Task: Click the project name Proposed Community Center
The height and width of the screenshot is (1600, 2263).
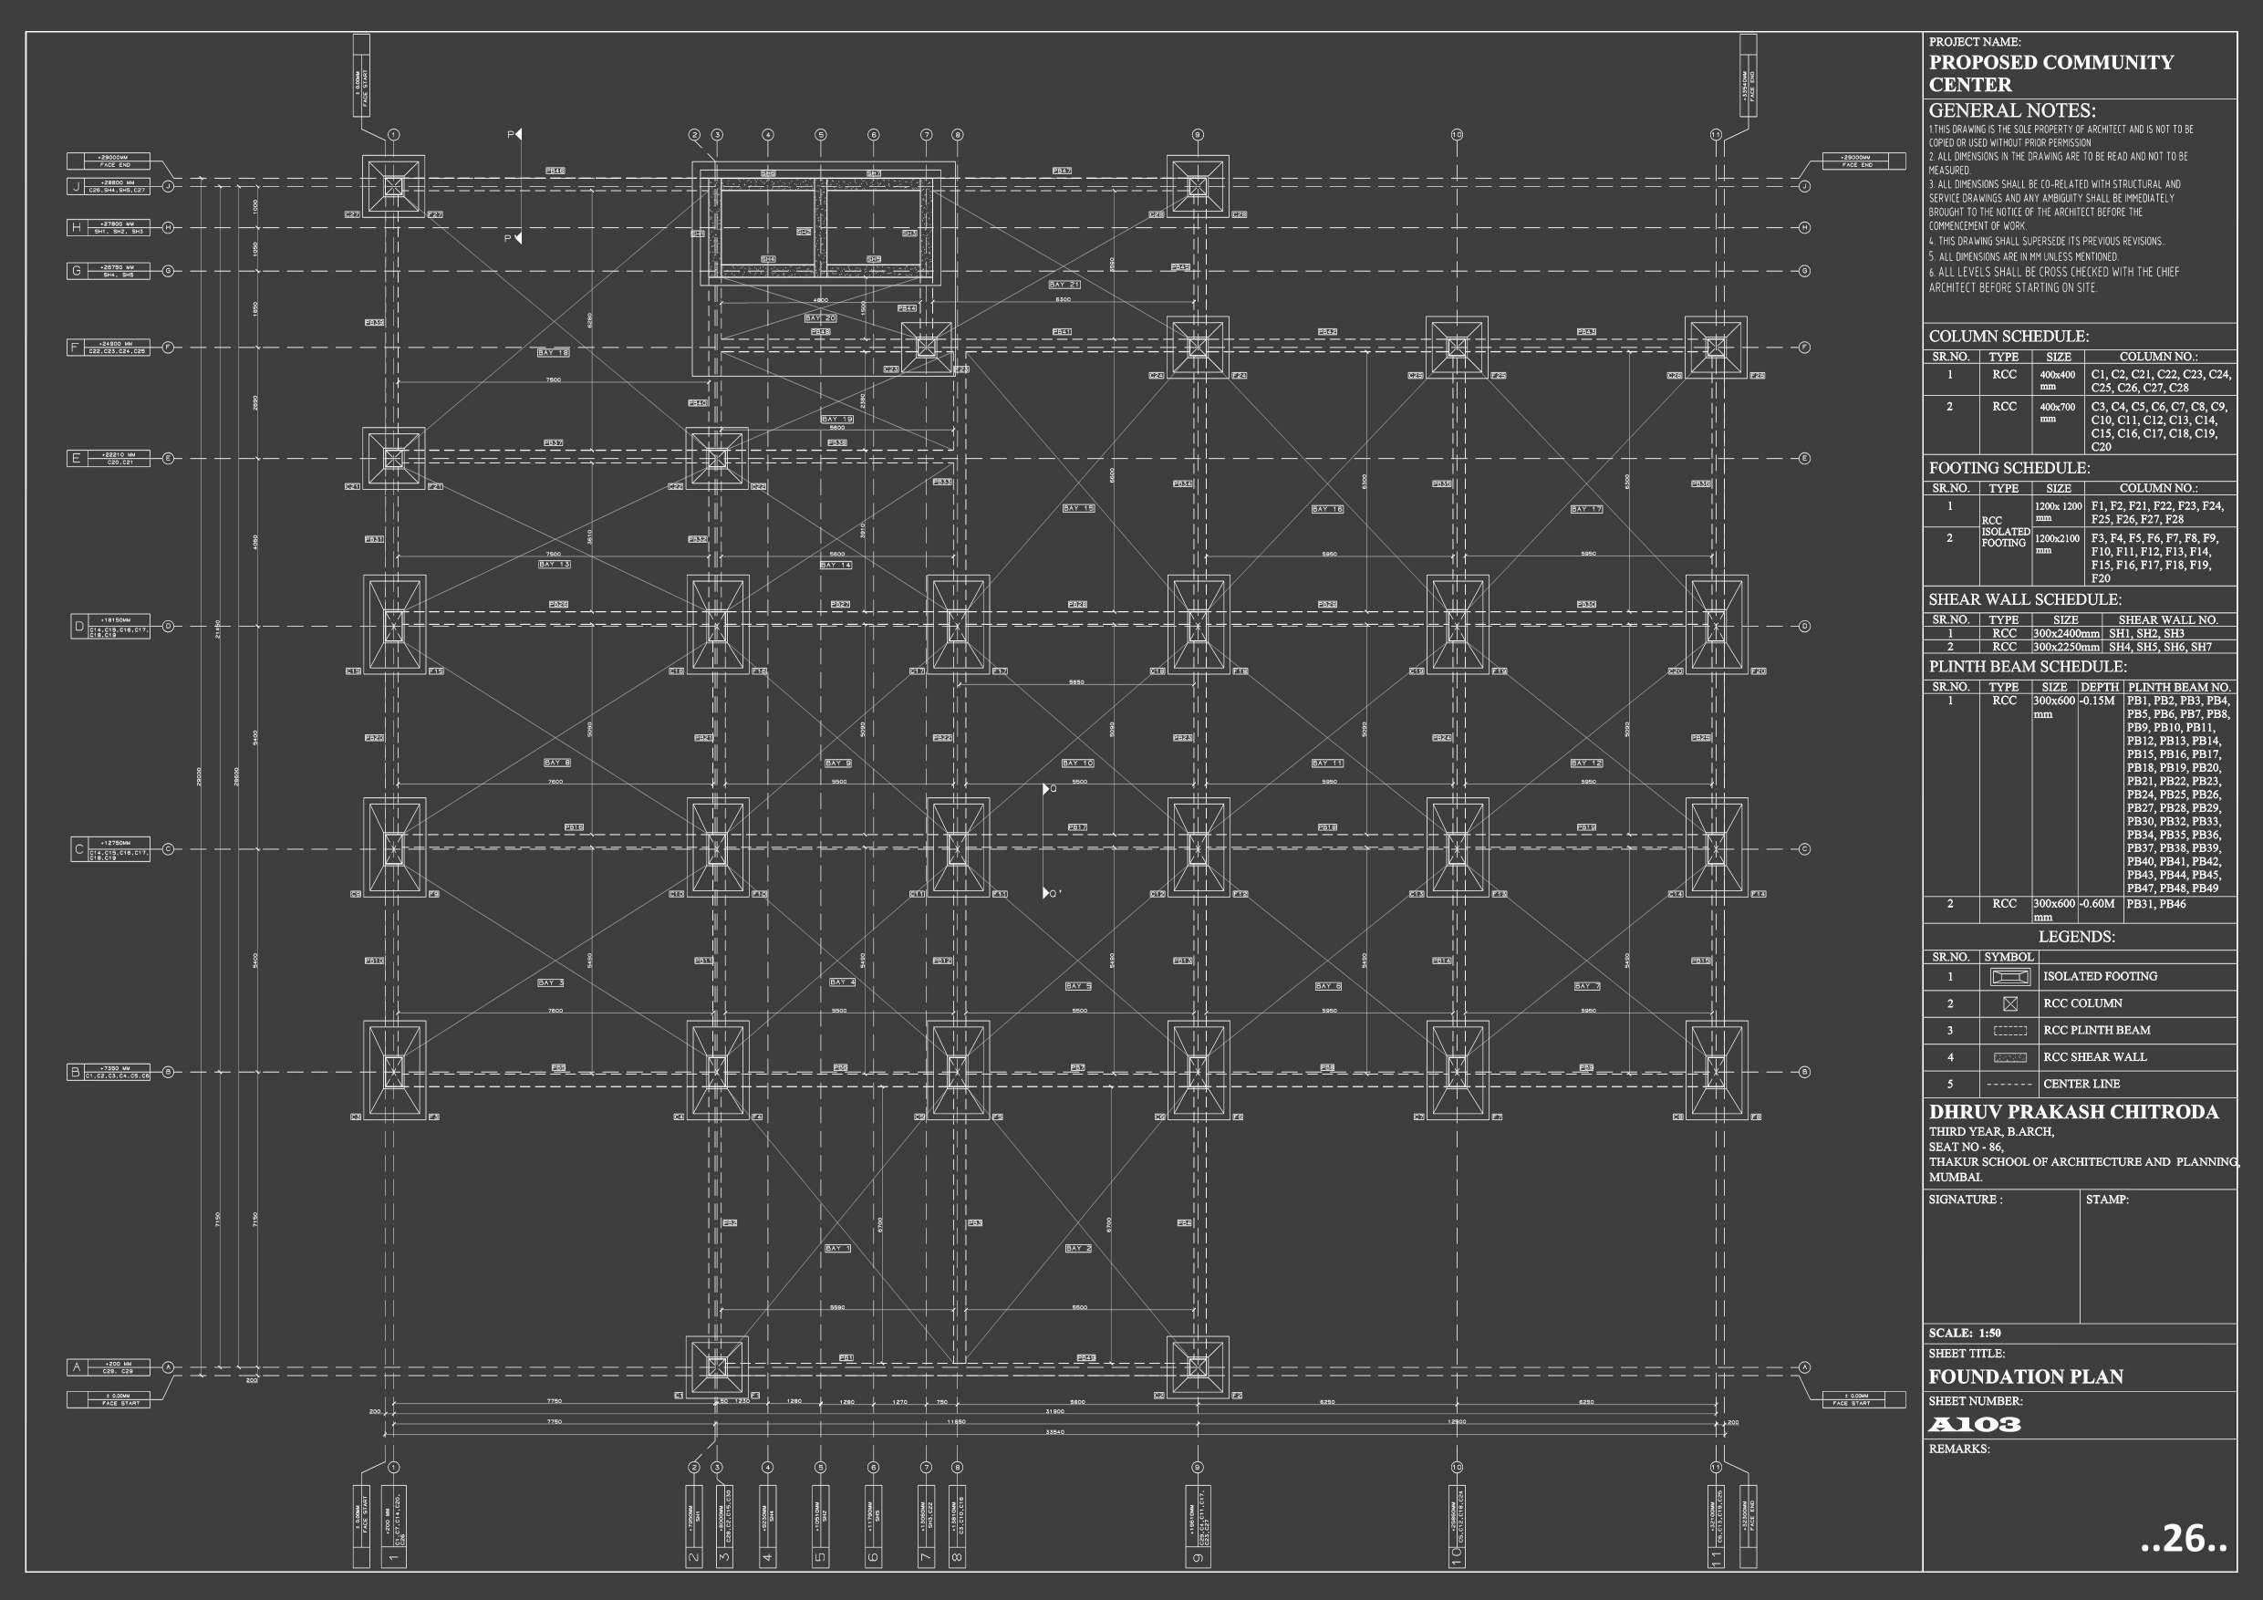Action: [2050, 73]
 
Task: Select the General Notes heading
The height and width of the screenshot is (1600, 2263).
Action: [2011, 110]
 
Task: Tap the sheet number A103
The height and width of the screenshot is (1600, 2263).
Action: [1974, 1425]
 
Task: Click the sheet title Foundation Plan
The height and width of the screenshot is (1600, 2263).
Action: [2026, 1377]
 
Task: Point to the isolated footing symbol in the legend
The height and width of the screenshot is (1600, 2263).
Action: [2009, 977]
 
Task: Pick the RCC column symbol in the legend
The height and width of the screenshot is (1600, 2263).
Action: [2009, 1003]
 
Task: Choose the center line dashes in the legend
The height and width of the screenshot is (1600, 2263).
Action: [2009, 1085]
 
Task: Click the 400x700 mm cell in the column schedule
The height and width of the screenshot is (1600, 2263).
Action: [2057, 412]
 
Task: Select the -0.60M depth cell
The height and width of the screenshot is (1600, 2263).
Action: [2096, 904]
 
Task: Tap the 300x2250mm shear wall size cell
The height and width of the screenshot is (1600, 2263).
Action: [2066, 648]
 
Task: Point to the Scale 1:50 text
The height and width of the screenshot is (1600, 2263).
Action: [1965, 1333]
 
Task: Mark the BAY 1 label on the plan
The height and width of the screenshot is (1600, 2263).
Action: [837, 1248]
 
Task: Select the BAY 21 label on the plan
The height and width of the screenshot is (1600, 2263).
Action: [1064, 284]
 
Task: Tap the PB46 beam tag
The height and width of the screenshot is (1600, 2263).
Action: [555, 171]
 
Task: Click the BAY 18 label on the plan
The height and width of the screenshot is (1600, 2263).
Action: [553, 352]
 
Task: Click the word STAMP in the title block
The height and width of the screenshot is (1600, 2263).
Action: [2107, 1200]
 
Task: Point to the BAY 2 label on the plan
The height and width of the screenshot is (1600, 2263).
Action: [1078, 1248]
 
